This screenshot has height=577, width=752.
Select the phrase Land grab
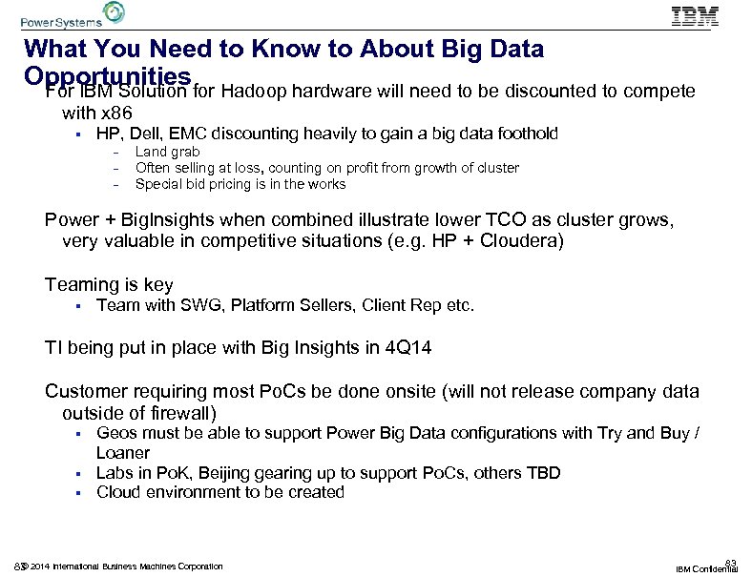coord(167,152)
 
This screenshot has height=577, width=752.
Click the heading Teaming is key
coord(109,284)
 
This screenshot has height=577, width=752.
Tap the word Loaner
coord(123,453)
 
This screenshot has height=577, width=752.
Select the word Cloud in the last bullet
coord(118,492)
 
